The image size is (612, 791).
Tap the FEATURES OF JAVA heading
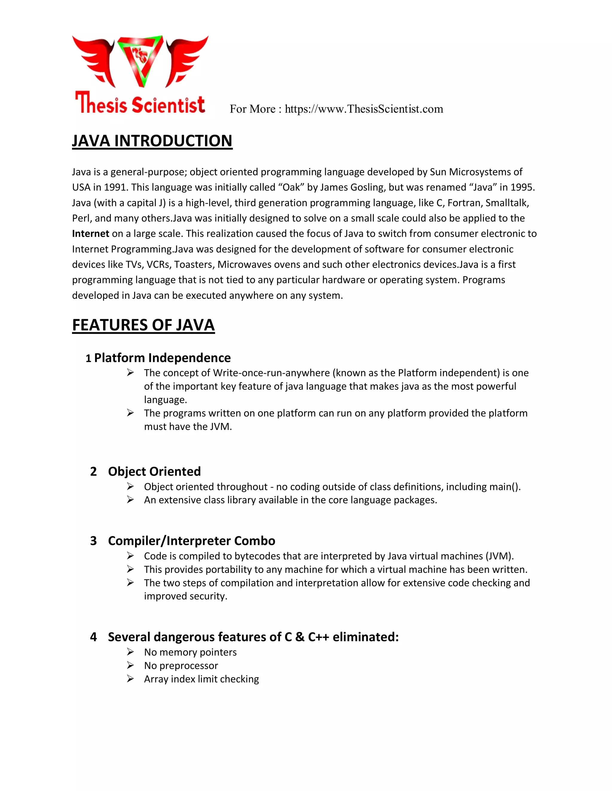[143, 325]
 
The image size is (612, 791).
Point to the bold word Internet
[90, 234]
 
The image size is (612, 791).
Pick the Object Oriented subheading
[154, 472]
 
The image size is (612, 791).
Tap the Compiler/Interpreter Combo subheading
[192, 541]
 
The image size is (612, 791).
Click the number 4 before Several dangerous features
[94, 637]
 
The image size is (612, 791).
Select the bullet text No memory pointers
[190, 652]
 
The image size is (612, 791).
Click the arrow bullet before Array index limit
[131, 679]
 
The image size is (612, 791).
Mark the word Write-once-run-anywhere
[272, 373]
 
